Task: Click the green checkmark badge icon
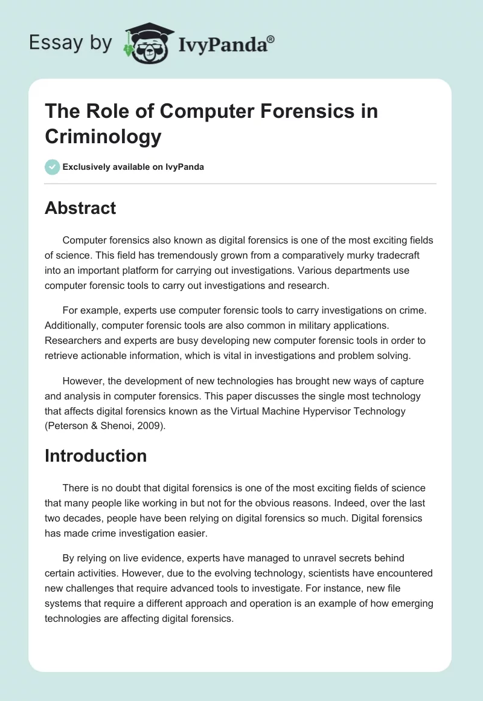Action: (x=52, y=167)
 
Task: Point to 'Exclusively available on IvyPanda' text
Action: (x=133, y=167)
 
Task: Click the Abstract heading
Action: (x=80, y=208)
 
